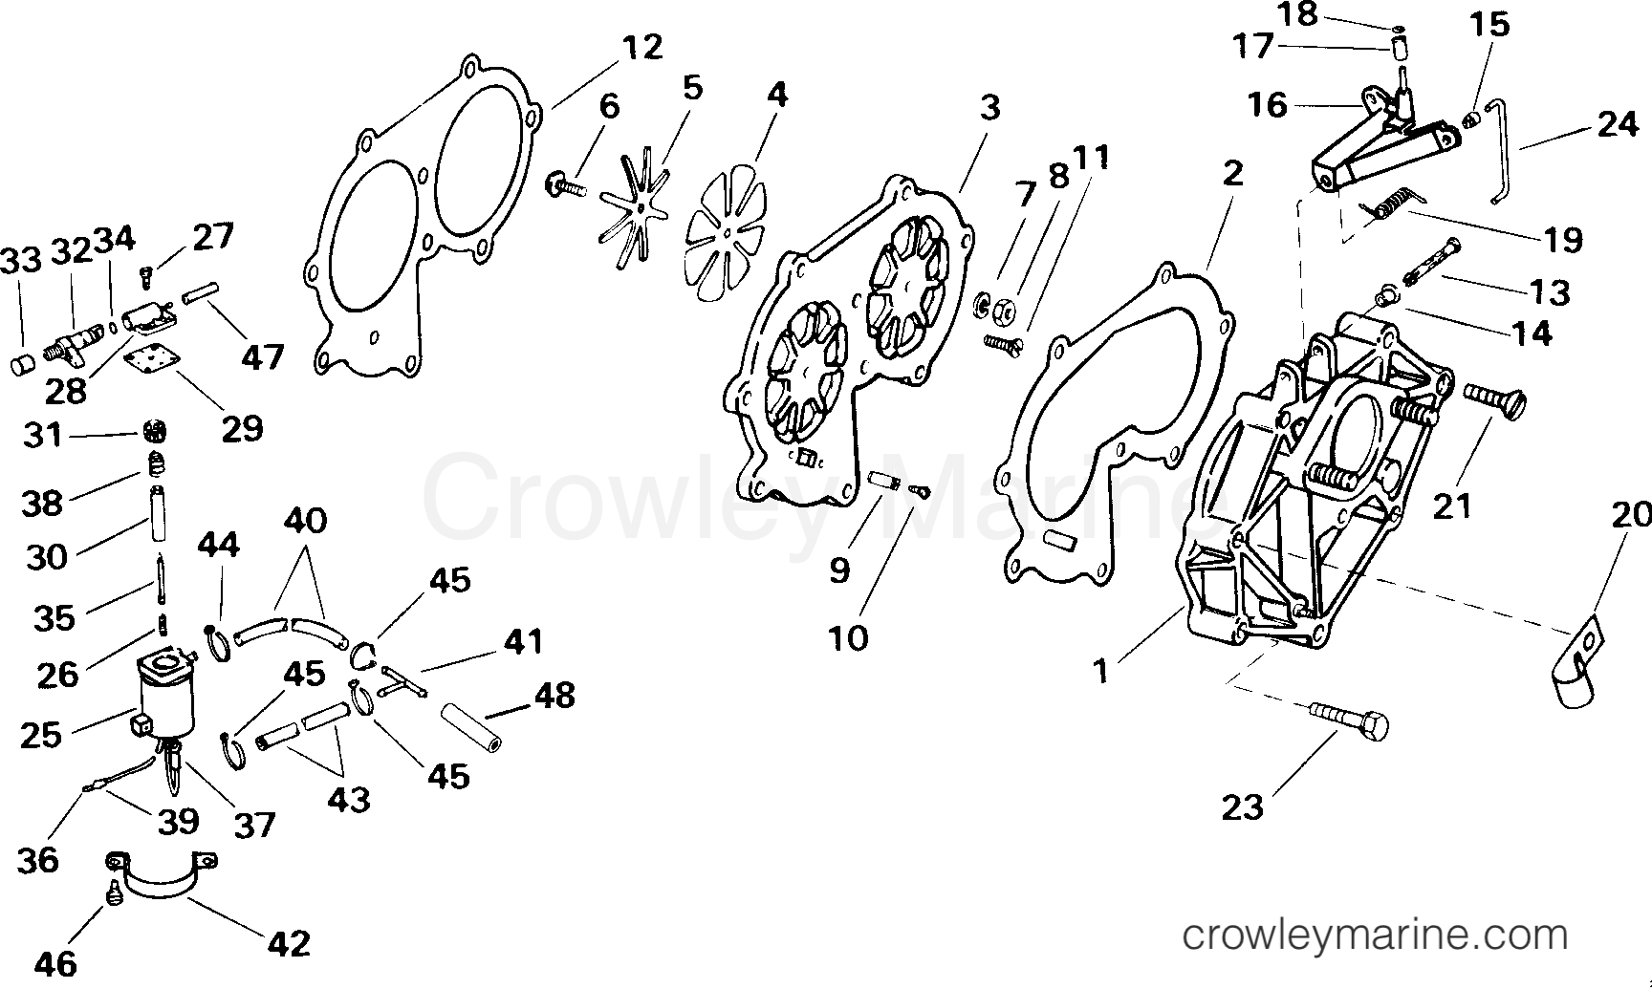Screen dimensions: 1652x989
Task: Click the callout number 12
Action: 641,47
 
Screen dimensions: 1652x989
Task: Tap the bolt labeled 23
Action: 1349,719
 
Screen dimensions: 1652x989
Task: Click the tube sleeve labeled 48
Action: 471,728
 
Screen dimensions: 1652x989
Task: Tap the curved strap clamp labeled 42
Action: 161,873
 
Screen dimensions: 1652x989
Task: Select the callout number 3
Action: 990,107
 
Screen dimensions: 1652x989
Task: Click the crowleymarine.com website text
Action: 1375,935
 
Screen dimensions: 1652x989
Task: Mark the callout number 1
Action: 1101,671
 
